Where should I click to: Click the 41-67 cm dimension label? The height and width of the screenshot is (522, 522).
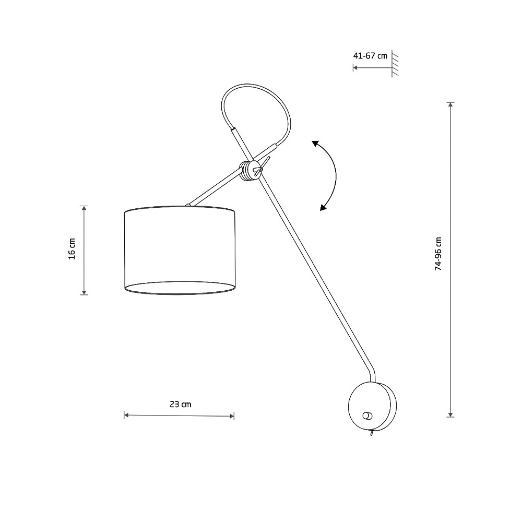[x=370, y=56]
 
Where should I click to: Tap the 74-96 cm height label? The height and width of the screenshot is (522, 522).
[x=438, y=254]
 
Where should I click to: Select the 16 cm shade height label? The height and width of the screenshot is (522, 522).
[x=72, y=248]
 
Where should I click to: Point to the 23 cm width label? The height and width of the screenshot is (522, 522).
[x=181, y=404]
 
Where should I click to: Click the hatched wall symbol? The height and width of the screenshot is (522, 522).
[x=395, y=64]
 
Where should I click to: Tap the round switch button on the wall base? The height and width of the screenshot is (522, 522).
[x=367, y=416]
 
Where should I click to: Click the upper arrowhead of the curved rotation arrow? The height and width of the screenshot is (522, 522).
[x=315, y=144]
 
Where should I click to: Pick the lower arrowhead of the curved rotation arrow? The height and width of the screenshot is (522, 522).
[x=323, y=207]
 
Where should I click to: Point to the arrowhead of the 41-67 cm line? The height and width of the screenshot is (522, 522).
[x=355, y=67]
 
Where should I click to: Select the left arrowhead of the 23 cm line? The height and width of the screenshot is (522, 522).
[x=126, y=415]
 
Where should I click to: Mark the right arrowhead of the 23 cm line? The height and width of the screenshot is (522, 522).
[x=232, y=416]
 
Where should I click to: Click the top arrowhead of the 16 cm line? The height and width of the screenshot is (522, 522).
[x=84, y=208]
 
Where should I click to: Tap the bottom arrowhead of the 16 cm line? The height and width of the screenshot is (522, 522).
[x=84, y=292]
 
